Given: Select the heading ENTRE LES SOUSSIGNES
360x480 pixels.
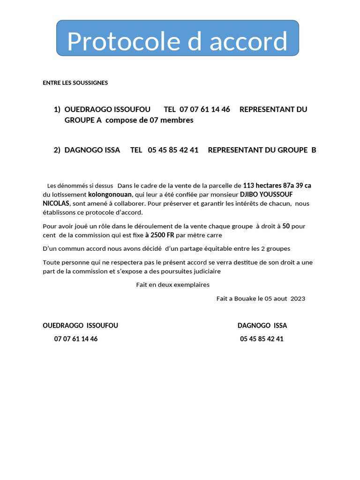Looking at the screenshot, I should [x=75, y=83].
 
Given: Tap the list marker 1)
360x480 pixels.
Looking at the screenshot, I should [x=57, y=110].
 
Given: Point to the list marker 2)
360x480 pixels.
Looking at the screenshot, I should [x=57, y=150].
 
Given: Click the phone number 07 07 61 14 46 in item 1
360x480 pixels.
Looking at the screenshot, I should [x=204, y=110].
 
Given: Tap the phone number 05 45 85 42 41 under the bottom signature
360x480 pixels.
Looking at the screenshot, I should [x=262, y=339].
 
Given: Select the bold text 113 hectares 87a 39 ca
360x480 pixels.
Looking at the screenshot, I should [x=277, y=186].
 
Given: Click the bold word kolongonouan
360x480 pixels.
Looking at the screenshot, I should [x=110, y=195].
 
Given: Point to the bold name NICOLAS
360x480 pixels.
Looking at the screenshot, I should [x=56, y=203].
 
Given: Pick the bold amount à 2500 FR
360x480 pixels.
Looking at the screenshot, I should [x=159, y=235].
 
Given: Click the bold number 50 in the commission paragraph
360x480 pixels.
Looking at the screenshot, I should [x=286, y=226].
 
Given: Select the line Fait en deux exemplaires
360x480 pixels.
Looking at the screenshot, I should [x=172, y=285].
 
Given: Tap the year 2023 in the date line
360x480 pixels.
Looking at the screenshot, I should [x=298, y=299].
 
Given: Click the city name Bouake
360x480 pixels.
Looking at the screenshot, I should [x=245, y=299].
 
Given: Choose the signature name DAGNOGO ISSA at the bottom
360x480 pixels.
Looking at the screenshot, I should [x=262, y=326].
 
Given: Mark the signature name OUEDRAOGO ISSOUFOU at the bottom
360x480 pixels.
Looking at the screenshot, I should [x=80, y=326].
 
